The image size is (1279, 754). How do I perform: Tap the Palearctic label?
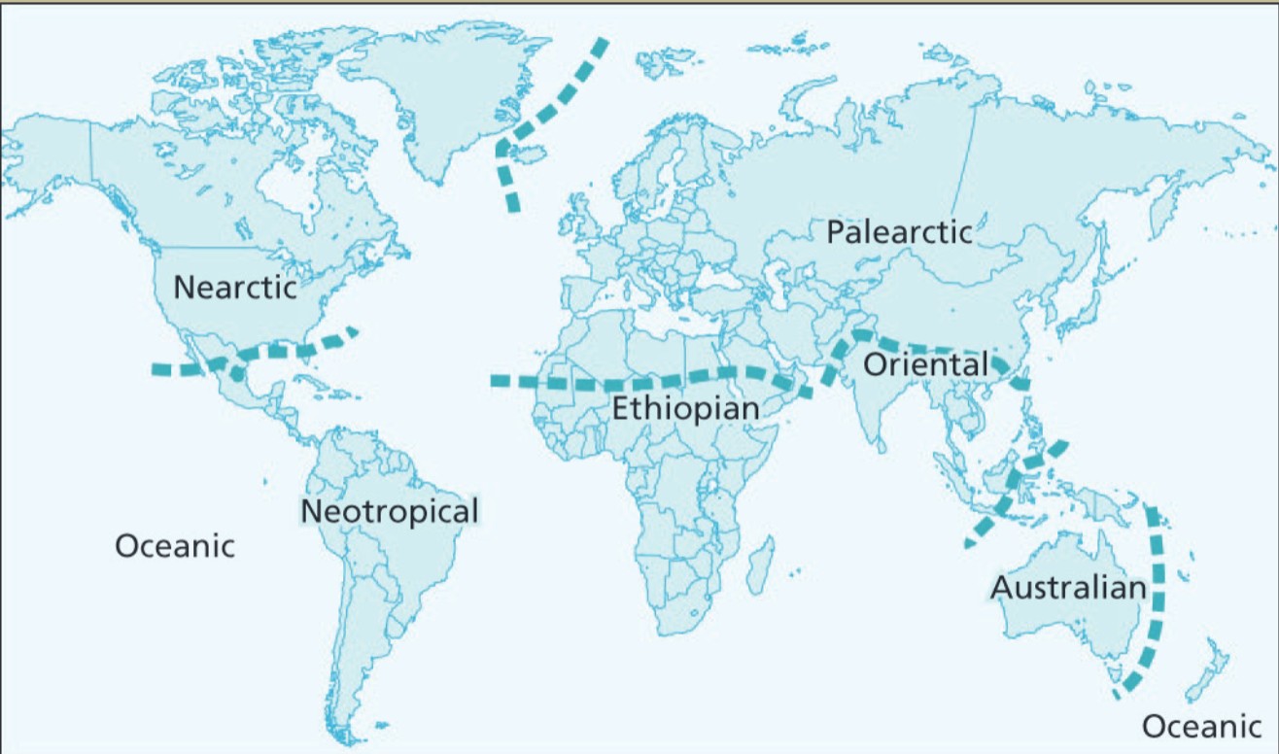click(899, 233)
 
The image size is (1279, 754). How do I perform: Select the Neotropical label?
click(390, 511)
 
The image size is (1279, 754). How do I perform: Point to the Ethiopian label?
click(685, 409)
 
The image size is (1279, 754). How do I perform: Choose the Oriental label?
click(924, 365)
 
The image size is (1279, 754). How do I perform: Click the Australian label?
click(1068, 588)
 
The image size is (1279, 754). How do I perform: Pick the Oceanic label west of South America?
click(175, 545)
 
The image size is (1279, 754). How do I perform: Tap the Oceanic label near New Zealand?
click(1201, 726)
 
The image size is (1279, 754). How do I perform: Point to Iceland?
click(530, 152)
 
